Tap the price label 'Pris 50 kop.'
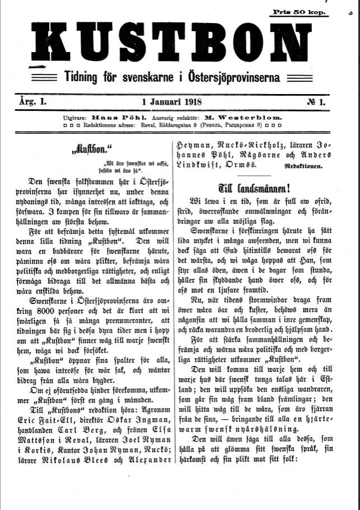pos(300,12)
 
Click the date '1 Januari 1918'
pos(172,102)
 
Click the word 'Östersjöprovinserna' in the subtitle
pos(233,76)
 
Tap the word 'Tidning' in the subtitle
pos(82,76)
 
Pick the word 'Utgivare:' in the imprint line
pos(76,119)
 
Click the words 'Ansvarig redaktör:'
pos(181,119)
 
